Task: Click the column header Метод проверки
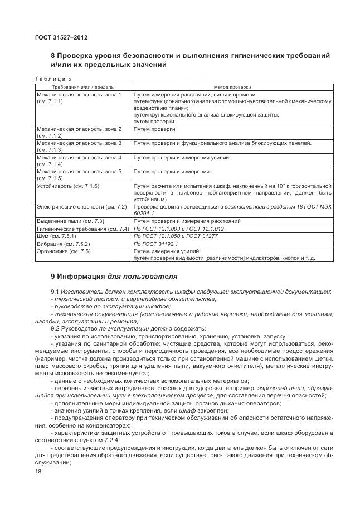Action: pyautogui.click(x=232, y=87)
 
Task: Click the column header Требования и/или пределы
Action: pyautogui.click(x=83, y=87)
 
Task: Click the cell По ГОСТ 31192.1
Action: pyautogui.click(x=155, y=244)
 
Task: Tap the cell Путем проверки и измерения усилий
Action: pyautogui.click(x=182, y=158)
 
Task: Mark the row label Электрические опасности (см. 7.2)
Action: pyautogui.click(x=82, y=207)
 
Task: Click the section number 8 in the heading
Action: pyautogui.click(x=53, y=56)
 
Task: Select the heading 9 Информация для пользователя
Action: pyautogui.click(x=114, y=275)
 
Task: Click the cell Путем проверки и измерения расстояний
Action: pyautogui.click(x=187, y=221)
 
